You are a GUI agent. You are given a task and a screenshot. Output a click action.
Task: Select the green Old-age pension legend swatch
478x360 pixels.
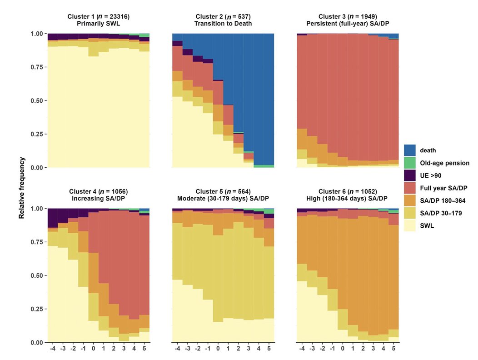(x=409, y=163)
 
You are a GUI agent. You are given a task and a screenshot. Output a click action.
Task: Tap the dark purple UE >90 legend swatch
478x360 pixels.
(x=409, y=175)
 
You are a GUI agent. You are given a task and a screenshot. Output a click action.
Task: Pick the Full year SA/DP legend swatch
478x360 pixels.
(x=409, y=187)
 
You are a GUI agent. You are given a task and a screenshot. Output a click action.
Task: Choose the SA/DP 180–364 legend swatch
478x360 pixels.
(x=409, y=200)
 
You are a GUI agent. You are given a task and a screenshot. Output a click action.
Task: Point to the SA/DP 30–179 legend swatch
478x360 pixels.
(x=409, y=212)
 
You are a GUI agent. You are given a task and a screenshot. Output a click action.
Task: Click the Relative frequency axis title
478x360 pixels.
(x=21, y=188)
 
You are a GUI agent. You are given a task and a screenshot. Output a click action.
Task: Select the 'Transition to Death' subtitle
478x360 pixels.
(x=223, y=24)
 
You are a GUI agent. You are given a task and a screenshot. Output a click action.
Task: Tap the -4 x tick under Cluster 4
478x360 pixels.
(x=53, y=349)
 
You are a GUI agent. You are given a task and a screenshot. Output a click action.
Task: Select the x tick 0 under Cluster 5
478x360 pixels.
(x=218, y=349)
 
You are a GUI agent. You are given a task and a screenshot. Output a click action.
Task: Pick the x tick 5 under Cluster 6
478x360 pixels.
(x=393, y=349)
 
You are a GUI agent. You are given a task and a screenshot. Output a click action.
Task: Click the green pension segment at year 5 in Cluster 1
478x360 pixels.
(x=144, y=35)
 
